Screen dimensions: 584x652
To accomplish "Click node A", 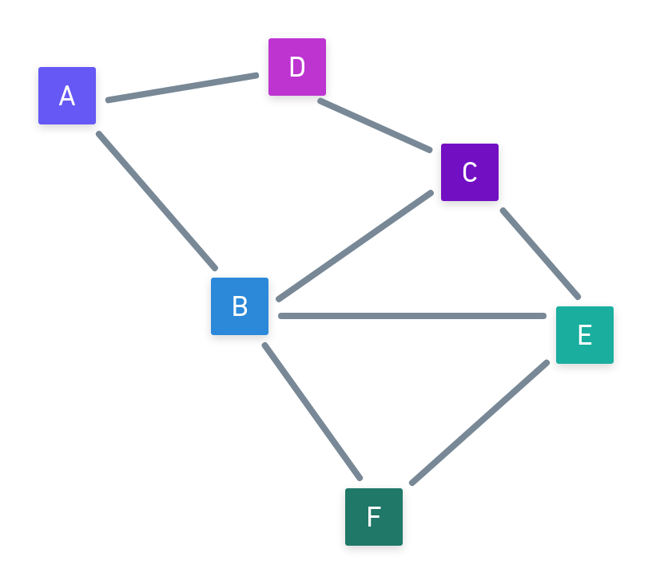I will (67, 96).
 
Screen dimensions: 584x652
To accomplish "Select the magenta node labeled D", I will (297, 67).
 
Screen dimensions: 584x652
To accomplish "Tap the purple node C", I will (470, 172).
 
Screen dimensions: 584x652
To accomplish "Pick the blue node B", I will (240, 306).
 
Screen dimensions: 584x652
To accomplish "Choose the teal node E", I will (585, 335).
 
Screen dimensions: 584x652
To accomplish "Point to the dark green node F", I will (374, 517).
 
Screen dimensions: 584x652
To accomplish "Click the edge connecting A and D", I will (182, 88).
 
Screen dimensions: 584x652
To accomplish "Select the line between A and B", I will (157, 201).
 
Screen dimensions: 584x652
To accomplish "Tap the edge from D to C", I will (375, 125).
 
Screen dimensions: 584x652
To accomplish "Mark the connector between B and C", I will (355, 246).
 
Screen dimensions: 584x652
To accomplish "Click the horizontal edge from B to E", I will (412, 316).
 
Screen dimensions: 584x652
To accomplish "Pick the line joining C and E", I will (540, 254).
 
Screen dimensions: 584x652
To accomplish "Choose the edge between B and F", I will (312, 412).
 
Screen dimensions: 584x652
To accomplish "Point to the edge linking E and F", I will (479, 422).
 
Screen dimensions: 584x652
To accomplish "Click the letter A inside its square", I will (67, 97).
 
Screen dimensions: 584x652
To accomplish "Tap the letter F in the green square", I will (373, 518).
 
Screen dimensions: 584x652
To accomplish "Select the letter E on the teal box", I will (584, 336).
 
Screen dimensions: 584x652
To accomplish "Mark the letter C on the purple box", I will (470, 172).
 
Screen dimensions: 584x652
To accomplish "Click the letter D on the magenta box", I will (297, 68).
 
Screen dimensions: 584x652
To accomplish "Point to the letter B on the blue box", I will (240, 306).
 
